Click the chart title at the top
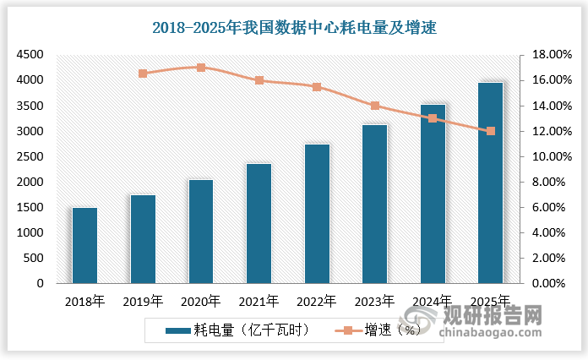tap(294, 28)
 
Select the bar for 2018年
tap(84, 245)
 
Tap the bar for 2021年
tap(259, 223)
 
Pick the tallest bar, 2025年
tap(490, 183)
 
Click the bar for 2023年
tap(374, 204)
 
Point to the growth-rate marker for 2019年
tap(143, 74)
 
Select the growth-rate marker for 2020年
tap(200, 68)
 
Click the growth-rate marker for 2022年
tap(317, 87)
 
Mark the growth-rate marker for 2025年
tap(491, 131)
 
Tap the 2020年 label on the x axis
tap(200, 300)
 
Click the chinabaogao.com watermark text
tap(506, 338)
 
